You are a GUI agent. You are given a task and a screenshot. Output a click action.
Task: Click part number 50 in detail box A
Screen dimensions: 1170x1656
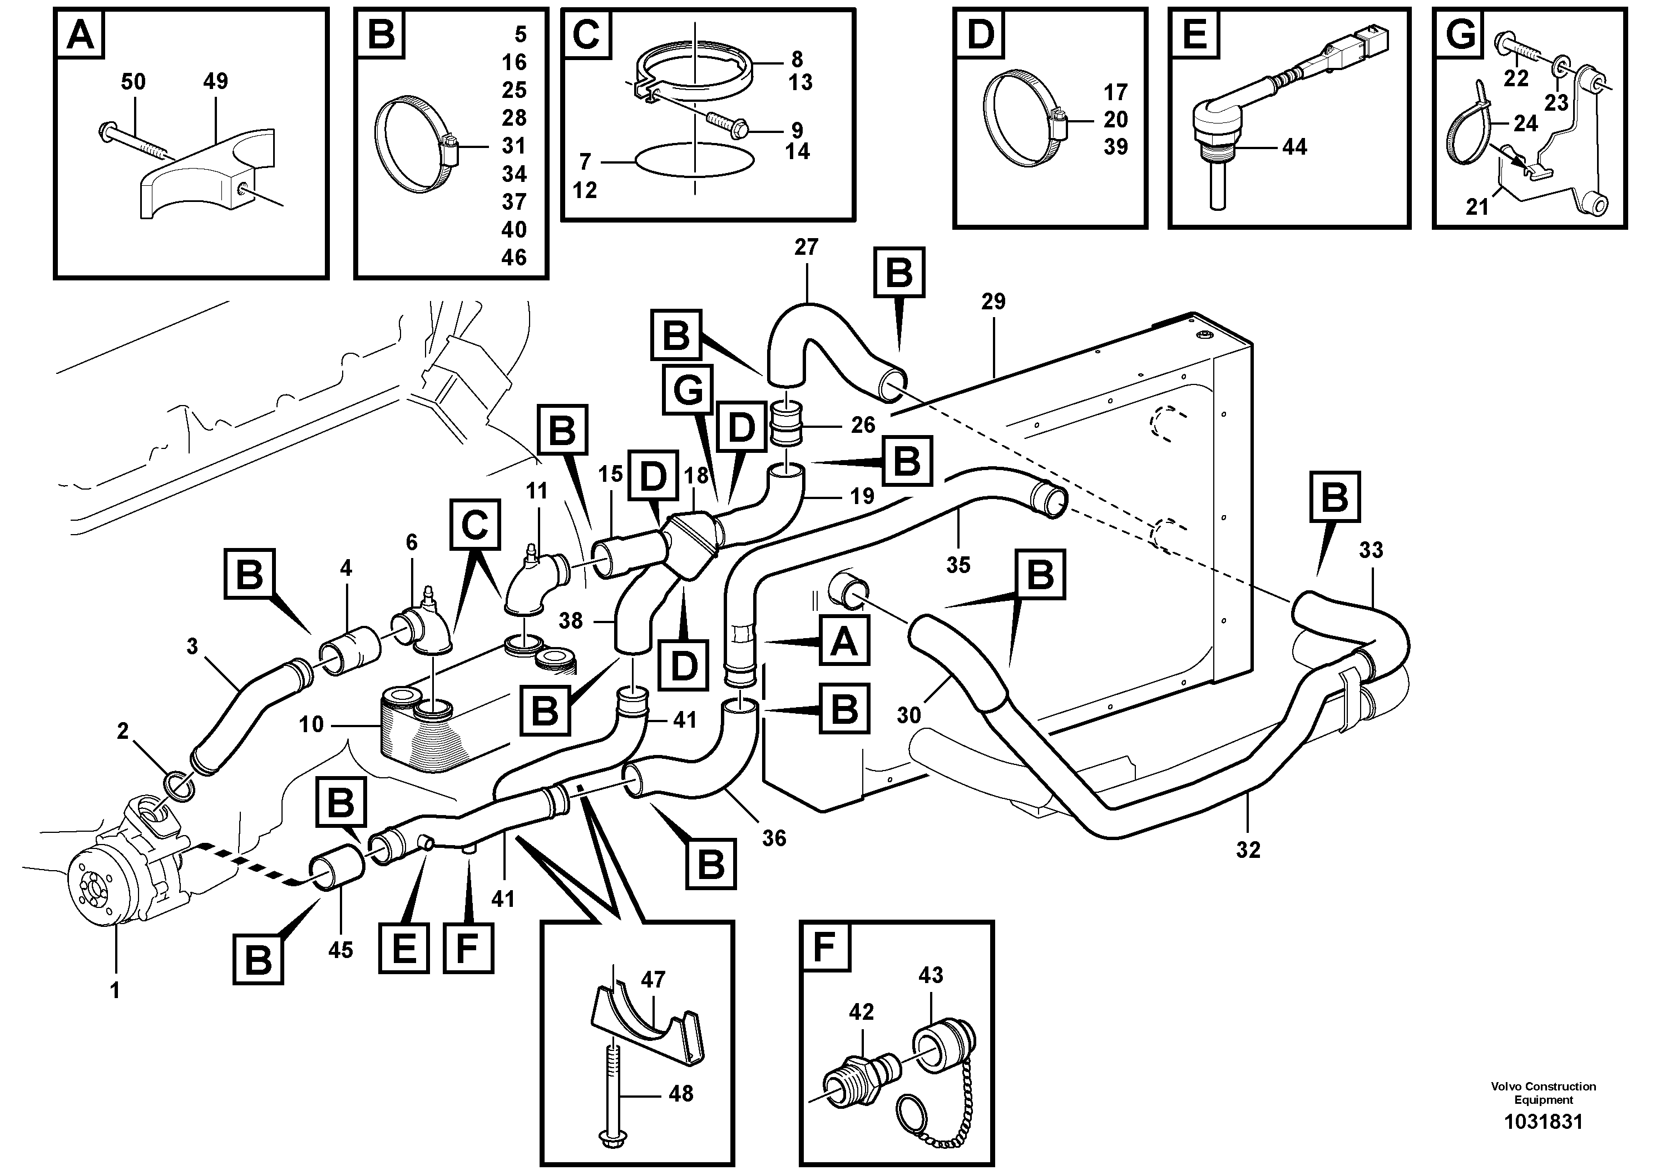tap(133, 82)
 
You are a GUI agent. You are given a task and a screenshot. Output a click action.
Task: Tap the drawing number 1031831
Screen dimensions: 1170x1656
tap(1543, 1122)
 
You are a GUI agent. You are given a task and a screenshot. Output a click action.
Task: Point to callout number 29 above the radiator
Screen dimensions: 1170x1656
tap(993, 302)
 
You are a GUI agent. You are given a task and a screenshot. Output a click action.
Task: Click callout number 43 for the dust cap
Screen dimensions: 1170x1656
tap(931, 975)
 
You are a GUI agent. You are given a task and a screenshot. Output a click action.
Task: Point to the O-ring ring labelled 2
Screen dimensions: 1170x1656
tap(180, 786)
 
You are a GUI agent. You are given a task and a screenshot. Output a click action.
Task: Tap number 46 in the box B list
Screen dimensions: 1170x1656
tap(513, 257)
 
